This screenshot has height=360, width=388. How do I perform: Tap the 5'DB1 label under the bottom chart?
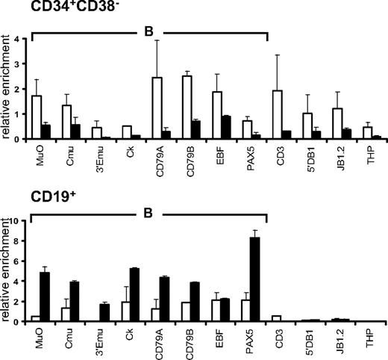(x=307, y=341)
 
